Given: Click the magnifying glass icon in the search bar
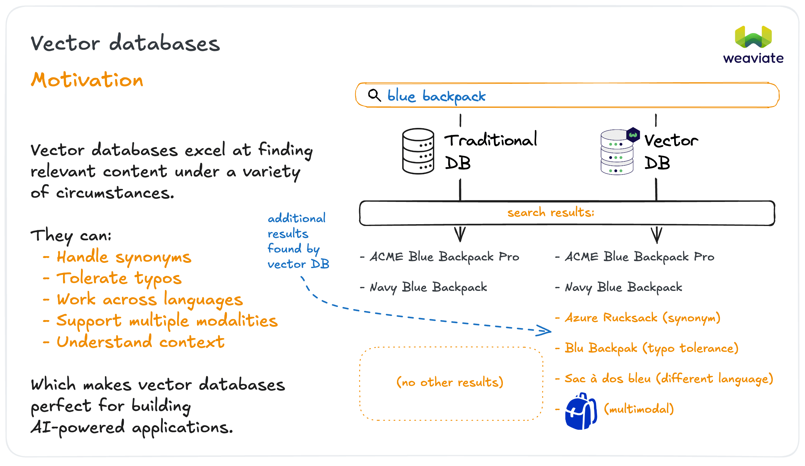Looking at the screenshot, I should point(374,95).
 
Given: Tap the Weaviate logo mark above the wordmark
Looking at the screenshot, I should point(753,37).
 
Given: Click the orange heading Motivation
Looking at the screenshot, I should point(87,80).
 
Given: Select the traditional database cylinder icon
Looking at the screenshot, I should point(418,151).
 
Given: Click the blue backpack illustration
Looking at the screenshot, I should point(581,411).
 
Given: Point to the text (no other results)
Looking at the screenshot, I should point(449,382).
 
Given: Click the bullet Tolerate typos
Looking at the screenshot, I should point(119,278).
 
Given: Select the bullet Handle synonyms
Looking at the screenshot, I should point(123,257).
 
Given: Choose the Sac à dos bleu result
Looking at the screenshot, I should point(668,379).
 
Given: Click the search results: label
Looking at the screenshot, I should point(550,212).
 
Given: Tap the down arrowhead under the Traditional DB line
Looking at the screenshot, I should point(460,235).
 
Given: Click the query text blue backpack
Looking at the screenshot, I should point(436,96).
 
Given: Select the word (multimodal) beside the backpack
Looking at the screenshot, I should point(639,409).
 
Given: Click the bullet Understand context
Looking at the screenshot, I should point(140,342).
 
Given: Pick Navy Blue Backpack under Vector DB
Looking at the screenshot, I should point(623,287).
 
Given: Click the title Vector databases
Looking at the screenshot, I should point(125,44).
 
